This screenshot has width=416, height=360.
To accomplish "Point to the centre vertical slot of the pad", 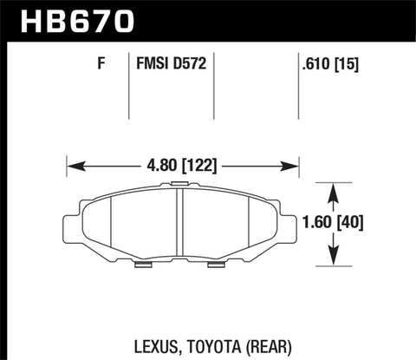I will click(179, 221).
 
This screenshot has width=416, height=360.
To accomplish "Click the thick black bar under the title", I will click(208, 38).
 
